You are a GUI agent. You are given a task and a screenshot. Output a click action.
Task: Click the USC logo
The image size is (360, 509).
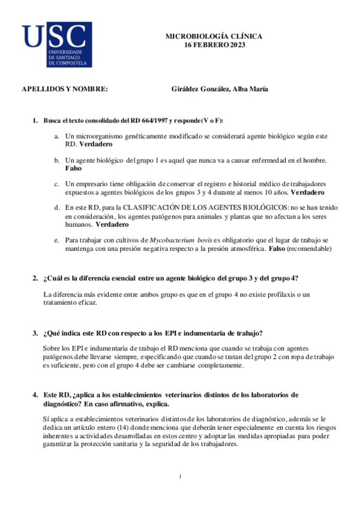click(56, 44)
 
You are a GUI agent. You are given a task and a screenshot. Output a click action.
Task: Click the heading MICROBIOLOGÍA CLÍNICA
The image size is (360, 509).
click(214, 37)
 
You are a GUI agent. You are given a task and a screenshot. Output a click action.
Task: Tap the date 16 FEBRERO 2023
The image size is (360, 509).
click(215, 45)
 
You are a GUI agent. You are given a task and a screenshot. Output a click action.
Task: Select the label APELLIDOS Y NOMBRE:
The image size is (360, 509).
click(65, 89)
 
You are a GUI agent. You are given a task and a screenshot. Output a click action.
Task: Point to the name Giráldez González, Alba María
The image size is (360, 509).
click(220, 89)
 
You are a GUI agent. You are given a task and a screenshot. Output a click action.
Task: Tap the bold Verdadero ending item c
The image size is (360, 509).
click(307, 193)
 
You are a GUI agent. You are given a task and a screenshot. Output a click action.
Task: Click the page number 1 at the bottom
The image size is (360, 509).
click(180, 477)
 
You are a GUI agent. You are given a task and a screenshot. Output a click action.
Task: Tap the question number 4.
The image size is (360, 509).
click(35, 395)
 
